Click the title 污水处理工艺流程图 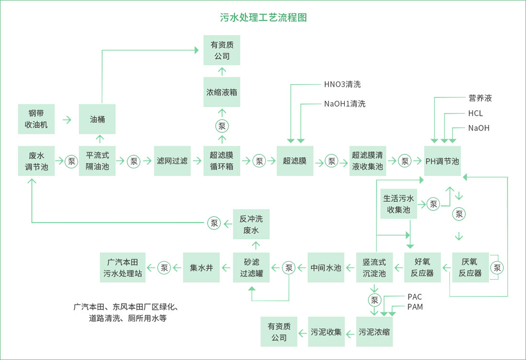tap(263, 18)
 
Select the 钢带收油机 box tap(36, 120)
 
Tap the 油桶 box tap(98, 120)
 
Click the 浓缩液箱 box tap(221, 92)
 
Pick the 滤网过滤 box tap(172, 161)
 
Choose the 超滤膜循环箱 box tap(221, 161)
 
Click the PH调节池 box tap(442, 161)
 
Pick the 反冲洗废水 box tap(251, 225)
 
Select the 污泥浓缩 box tap(374, 332)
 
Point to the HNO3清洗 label tap(342, 85)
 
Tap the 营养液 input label tap(480, 98)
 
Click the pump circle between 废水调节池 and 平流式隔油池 tap(72, 161)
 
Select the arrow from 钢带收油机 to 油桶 tap(67, 120)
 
